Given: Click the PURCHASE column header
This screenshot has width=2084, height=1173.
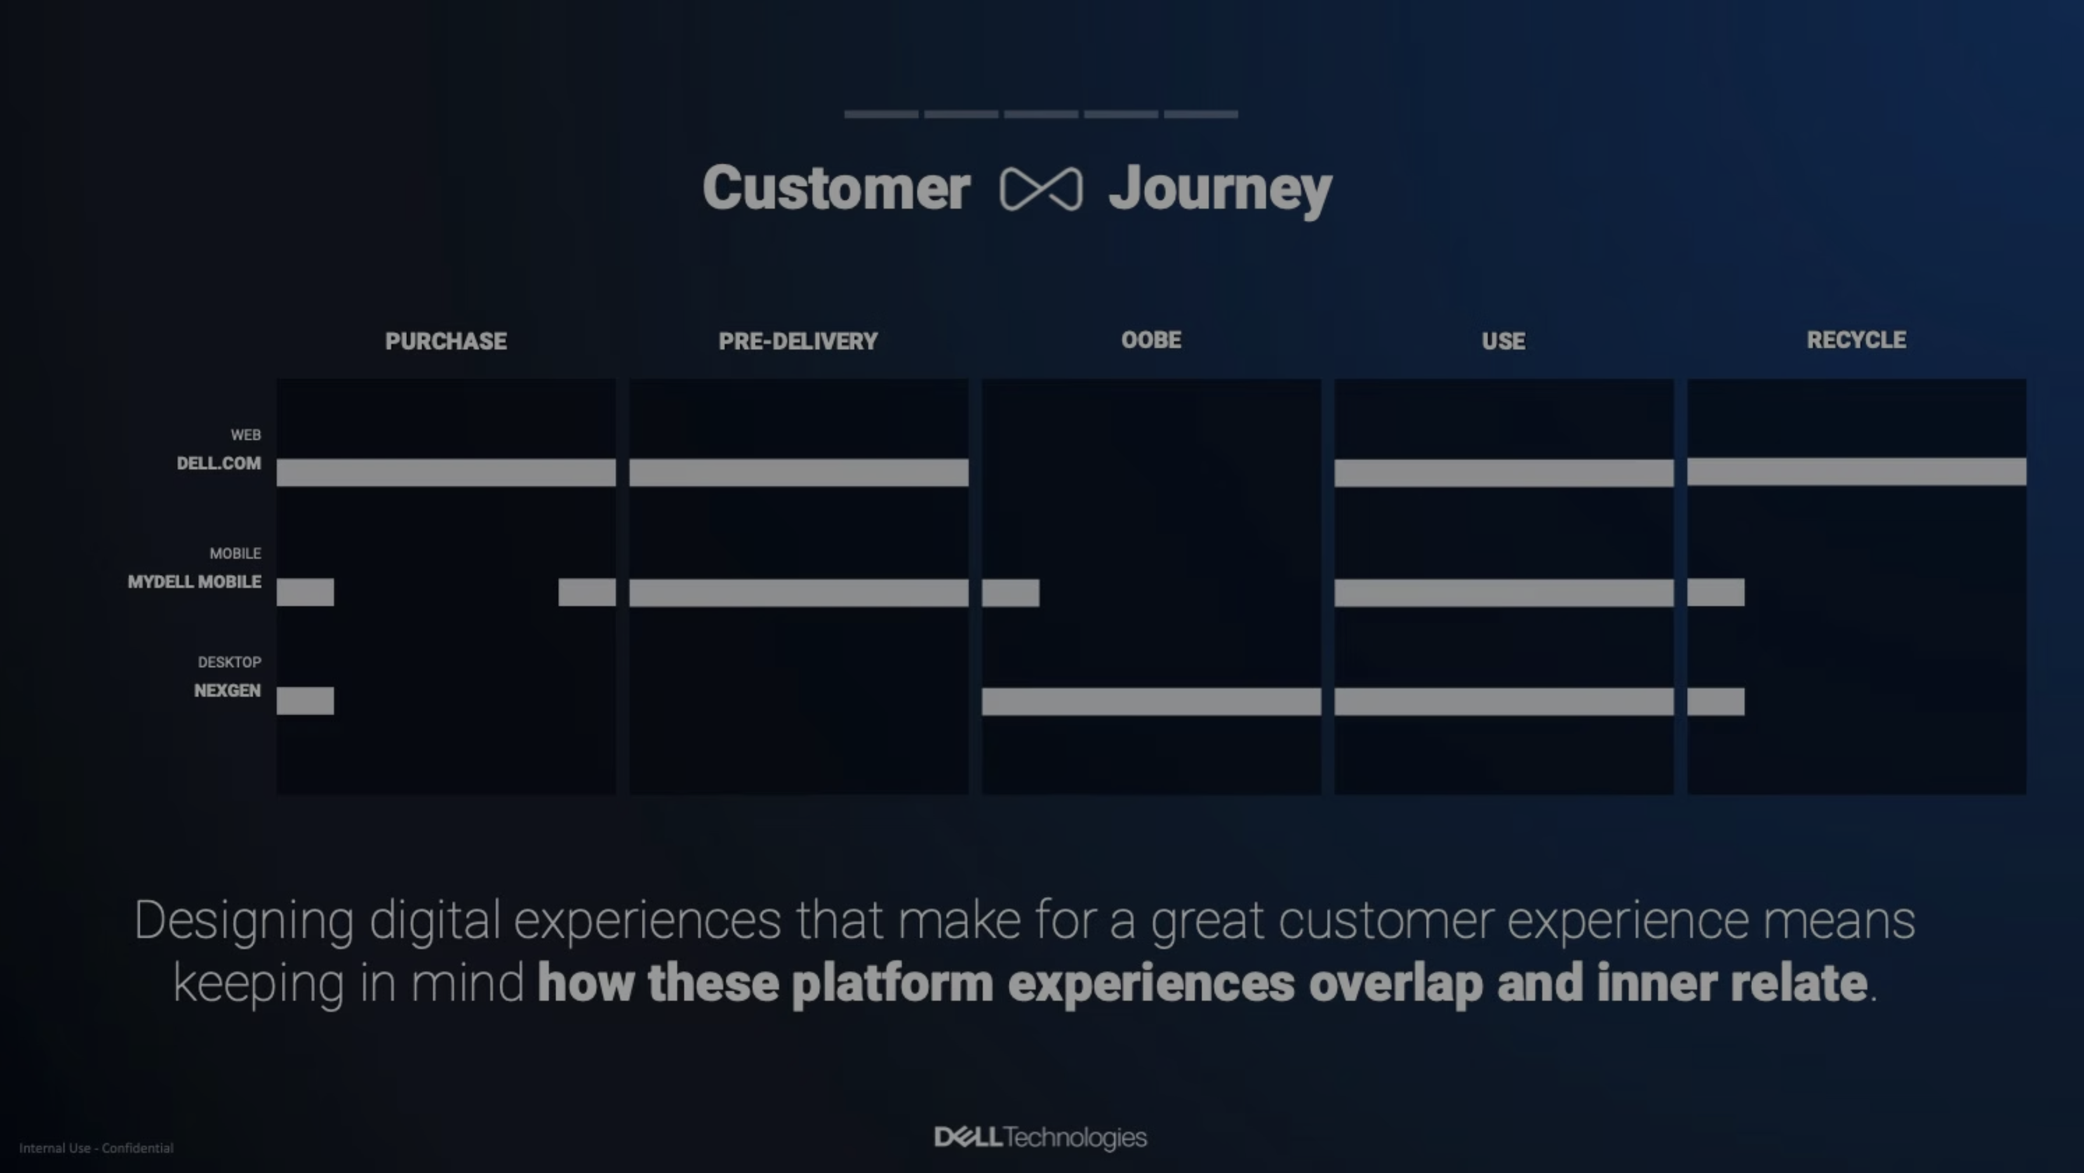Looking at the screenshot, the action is point(446,341).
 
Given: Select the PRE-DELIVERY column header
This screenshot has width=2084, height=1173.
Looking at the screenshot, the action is point(798,341).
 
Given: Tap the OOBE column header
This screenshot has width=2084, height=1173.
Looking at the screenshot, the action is point(1151,340).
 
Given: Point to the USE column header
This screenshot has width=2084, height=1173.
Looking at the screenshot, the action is point(1503,341).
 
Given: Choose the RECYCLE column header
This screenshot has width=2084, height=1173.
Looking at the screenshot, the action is point(1857,340).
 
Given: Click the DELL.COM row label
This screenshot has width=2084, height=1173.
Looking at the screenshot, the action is point(219,463).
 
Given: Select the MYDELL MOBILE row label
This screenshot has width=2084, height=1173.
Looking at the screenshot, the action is point(194,581).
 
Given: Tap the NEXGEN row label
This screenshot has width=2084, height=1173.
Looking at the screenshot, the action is point(227,691).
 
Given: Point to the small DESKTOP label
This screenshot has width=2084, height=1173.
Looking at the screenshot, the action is point(230,663).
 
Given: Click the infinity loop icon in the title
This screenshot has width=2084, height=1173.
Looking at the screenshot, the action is point(1040,189).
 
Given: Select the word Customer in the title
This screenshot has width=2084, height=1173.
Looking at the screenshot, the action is point(836,188).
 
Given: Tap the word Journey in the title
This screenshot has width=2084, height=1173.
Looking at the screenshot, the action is point(1220,191).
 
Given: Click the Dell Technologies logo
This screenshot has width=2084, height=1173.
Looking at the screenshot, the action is point(1040,1137).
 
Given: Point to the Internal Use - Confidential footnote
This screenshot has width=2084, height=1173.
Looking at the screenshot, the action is point(97,1148).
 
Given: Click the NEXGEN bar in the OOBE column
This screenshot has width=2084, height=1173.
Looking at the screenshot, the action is point(1151,701).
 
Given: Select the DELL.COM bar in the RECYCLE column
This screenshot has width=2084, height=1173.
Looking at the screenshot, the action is point(1857,472).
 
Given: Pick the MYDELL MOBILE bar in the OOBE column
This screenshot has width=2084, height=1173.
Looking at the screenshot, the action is point(1010,593).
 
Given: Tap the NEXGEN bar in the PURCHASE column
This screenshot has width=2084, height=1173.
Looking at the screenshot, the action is point(305,701).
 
